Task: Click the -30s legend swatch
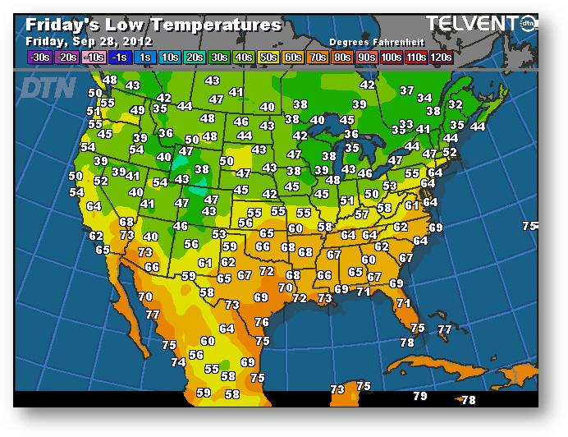(x=39, y=57)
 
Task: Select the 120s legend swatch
(x=441, y=57)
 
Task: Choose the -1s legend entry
(x=119, y=57)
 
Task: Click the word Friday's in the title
(x=57, y=25)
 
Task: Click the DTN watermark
(x=47, y=87)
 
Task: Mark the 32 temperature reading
(x=455, y=104)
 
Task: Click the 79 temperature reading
(x=420, y=396)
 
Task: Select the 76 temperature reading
(x=262, y=323)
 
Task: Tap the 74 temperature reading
(x=178, y=362)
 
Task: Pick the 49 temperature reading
(x=138, y=110)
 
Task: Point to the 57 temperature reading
(x=361, y=214)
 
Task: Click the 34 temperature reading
(x=424, y=98)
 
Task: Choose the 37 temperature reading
(x=407, y=90)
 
